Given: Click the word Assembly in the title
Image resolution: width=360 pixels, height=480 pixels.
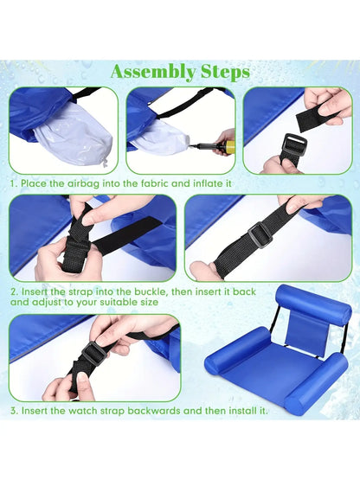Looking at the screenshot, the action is click(x=153, y=73).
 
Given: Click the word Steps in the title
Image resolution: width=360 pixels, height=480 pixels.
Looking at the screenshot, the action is click(x=226, y=73).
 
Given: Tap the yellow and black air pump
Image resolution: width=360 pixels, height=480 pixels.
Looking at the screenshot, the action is click(x=215, y=146).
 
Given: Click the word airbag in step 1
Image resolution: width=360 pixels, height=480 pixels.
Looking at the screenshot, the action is click(x=83, y=183).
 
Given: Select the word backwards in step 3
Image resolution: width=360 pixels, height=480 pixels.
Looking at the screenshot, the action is click(x=154, y=411).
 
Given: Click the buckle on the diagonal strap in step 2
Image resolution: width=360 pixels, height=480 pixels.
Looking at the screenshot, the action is click(x=260, y=234).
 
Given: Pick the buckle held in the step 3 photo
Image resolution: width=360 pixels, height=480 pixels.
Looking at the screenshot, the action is click(x=94, y=351).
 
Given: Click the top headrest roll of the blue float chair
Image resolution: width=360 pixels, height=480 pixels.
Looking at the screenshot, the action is click(x=312, y=304).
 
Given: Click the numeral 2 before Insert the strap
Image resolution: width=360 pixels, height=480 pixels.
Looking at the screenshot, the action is click(x=14, y=291).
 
